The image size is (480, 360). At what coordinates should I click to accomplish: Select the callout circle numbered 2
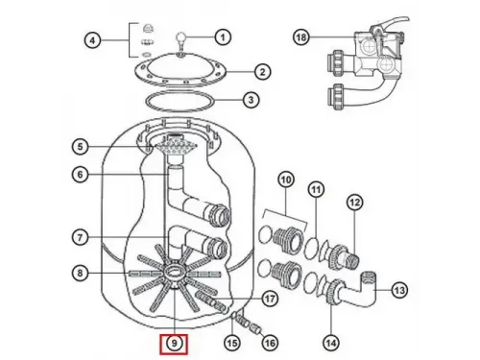(x=260, y=72)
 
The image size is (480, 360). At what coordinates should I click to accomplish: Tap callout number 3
(x=250, y=100)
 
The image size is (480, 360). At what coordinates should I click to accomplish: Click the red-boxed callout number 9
(x=174, y=341)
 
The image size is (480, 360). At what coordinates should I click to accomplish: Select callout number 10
(x=285, y=180)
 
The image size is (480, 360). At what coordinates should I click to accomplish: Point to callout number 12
(x=355, y=202)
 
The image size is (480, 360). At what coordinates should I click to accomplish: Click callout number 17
(x=269, y=298)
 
